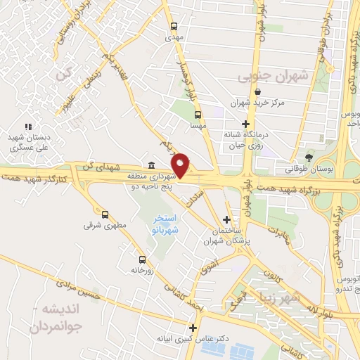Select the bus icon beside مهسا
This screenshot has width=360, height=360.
coord(198,115)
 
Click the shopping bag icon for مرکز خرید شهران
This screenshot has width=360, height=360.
coord(257,91)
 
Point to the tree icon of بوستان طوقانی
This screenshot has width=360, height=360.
coord(309,155)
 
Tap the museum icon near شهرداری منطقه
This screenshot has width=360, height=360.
coord(152,164)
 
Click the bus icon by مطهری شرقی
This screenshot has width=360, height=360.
coord(105,214)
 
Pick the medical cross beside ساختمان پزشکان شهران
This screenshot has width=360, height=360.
coord(225,219)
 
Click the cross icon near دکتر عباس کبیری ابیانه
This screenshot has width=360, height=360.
coord(193,327)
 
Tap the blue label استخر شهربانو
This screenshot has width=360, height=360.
coord(166,225)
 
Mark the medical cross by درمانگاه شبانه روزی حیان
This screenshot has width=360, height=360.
coord(244,124)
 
